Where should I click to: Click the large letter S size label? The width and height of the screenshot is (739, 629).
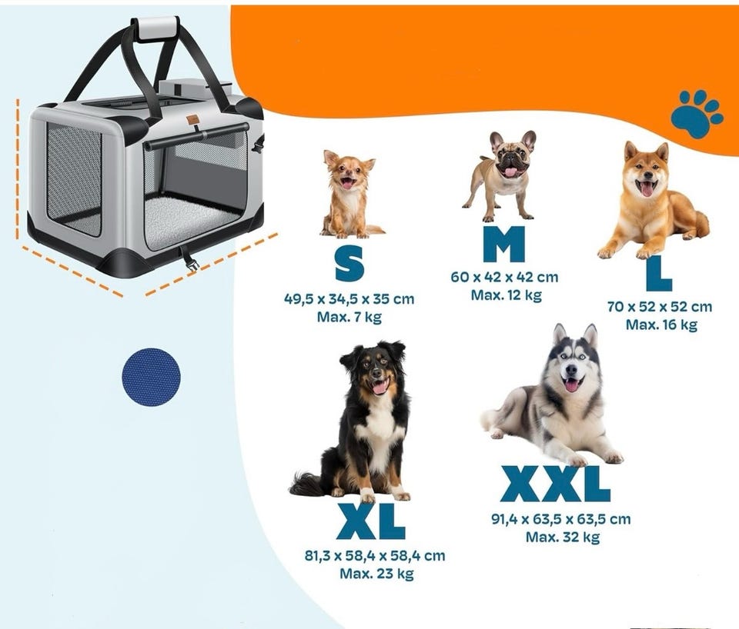click(349, 264)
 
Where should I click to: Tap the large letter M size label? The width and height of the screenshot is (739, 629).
click(503, 244)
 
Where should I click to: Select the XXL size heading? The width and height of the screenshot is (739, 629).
click(555, 484)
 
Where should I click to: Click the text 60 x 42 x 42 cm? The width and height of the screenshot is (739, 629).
click(504, 277)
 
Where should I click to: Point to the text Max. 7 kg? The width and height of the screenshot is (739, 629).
click(349, 317)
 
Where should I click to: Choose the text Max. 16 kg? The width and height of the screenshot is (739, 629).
click(661, 324)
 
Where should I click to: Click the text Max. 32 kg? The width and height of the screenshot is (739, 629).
click(563, 537)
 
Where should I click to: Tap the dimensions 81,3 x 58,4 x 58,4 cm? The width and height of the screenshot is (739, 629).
click(375, 556)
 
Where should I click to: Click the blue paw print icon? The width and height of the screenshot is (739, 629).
click(697, 114)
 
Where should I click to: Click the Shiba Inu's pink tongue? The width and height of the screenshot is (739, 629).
click(647, 189)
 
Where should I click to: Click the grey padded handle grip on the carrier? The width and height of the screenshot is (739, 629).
click(156, 28)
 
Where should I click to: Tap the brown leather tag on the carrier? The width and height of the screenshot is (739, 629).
click(192, 120)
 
